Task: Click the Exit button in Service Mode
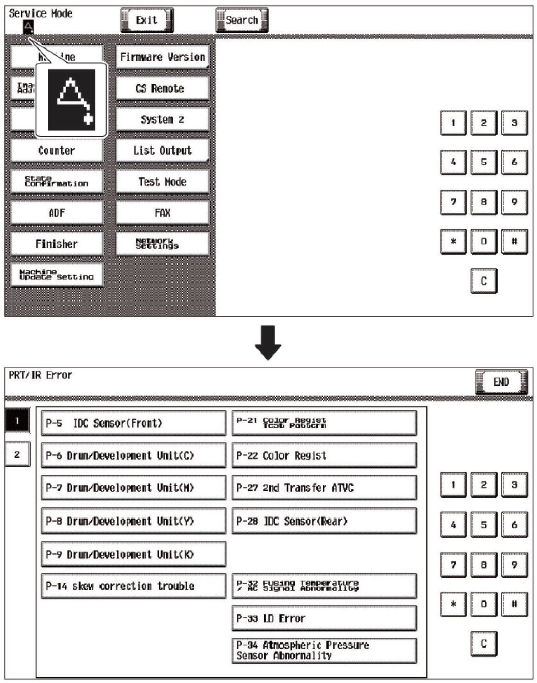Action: [x=147, y=20]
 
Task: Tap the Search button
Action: [x=242, y=20]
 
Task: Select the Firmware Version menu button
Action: [x=162, y=57]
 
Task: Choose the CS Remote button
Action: [x=162, y=88]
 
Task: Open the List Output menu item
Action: [x=162, y=151]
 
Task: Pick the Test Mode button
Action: [x=162, y=182]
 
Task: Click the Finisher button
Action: [x=57, y=244]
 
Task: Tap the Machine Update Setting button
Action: [x=57, y=275]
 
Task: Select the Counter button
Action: [x=57, y=151]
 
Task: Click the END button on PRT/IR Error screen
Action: [x=501, y=382]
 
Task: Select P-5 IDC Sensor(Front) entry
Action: [x=133, y=423]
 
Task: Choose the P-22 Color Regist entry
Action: [x=324, y=456]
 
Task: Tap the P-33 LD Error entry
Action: [x=324, y=618]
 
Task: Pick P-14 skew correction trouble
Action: [x=133, y=586]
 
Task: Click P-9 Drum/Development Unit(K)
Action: [x=133, y=554]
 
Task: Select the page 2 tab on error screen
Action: [x=17, y=454]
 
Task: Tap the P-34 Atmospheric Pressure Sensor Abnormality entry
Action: [x=324, y=651]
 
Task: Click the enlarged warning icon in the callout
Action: [x=71, y=100]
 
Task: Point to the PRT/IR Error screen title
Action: [x=41, y=375]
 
